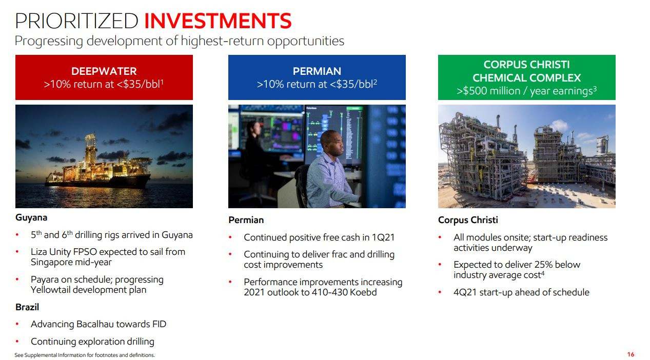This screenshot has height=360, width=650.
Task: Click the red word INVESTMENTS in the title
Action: click(x=218, y=21)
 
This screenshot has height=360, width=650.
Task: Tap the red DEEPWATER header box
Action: click(x=104, y=77)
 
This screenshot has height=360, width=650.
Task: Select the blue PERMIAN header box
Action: click(x=317, y=77)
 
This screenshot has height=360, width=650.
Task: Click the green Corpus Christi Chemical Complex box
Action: click(x=526, y=77)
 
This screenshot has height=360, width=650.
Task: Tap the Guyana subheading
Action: click(x=31, y=217)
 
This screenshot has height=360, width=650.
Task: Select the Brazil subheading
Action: click(x=27, y=307)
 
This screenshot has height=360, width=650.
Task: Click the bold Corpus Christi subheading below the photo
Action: click(x=468, y=220)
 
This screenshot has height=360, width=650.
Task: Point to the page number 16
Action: click(x=631, y=354)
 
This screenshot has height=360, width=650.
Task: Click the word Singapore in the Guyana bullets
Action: click(x=52, y=262)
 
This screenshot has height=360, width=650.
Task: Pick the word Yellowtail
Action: click(x=52, y=290)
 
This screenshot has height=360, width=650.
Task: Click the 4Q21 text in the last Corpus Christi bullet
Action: click(x=465, y=292)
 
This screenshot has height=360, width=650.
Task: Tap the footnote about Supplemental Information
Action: click(x=85, y=355)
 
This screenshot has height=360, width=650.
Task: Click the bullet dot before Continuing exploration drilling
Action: click(x=18, y=342)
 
